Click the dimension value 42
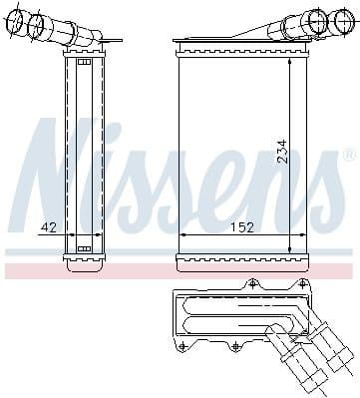tap(48, 227)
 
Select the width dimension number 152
tap(241, 227)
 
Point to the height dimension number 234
tap(282, 152)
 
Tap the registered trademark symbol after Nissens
tap(349, 156)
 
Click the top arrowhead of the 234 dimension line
tap(290, 61)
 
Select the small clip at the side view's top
tap(84, 63)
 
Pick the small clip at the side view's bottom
tap(84, 248)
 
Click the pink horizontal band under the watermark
tap(180, 270)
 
